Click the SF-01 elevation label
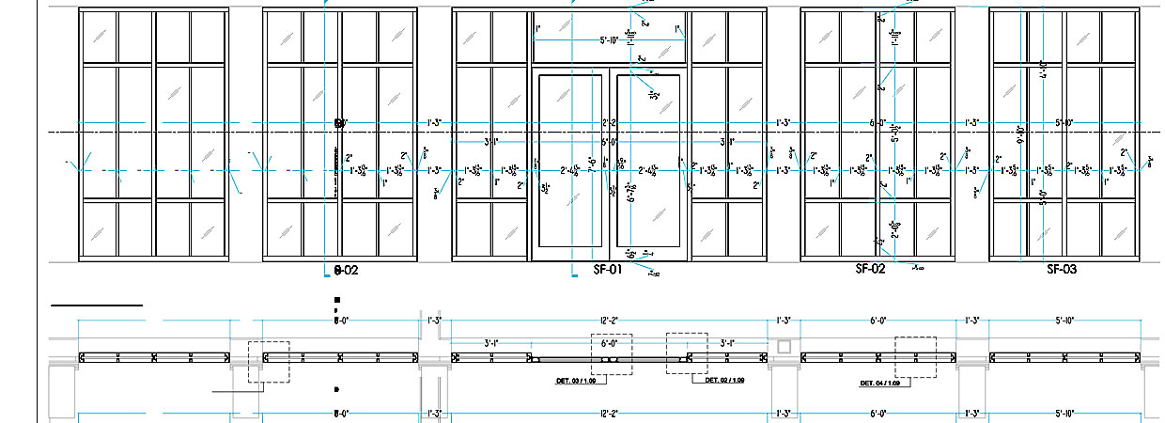pos(608,270)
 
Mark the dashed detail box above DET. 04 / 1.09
pos(915,356)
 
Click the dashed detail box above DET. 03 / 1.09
pos(611,354)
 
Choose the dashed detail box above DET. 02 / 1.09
pos(686,352)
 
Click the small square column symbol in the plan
pos(784,347)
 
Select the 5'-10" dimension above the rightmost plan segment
pos(1064,321)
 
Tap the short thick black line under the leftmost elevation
pos(96,305)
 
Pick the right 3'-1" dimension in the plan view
pos(727,343)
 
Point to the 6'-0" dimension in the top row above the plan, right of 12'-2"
pos(878,321)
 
